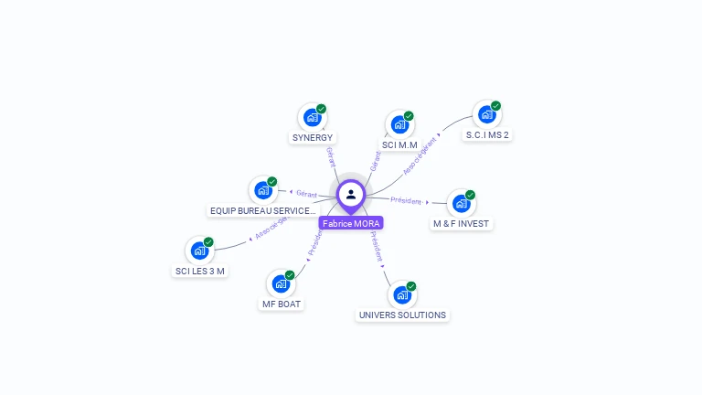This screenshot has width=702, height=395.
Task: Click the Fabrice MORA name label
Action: coord(351,223)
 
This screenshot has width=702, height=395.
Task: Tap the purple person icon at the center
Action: coord(351,194)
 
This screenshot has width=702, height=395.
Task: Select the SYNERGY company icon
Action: coord(312,117)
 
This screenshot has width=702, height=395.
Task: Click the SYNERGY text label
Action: coord(313,138)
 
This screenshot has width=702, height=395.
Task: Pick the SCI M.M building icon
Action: coord(399,124)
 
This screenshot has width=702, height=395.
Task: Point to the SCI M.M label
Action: coord(399,145)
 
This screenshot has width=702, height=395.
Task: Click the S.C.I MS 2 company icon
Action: coord(486,114)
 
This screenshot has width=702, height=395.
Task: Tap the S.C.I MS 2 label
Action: coord(487,135)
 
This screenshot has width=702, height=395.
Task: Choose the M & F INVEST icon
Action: coord(461,203)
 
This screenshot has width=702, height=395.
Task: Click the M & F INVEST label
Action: coord(462,224)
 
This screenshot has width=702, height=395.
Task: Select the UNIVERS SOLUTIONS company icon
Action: coord(401,294)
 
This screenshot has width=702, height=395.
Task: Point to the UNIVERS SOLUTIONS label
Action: coord(402,315)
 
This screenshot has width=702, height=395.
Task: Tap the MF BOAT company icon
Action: coord(281,283)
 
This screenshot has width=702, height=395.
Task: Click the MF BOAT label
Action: coord(282,304)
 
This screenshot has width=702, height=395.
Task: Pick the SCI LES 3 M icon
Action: coord(199,251)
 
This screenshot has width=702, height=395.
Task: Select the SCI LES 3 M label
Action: coord(200,272)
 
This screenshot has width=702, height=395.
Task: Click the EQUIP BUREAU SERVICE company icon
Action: coord(263,190)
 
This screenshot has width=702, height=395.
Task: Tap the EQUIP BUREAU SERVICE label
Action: coord(263,211)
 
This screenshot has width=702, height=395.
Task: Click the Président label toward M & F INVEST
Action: coord(406,200)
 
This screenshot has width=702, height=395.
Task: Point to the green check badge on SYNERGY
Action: coord(322,109)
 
